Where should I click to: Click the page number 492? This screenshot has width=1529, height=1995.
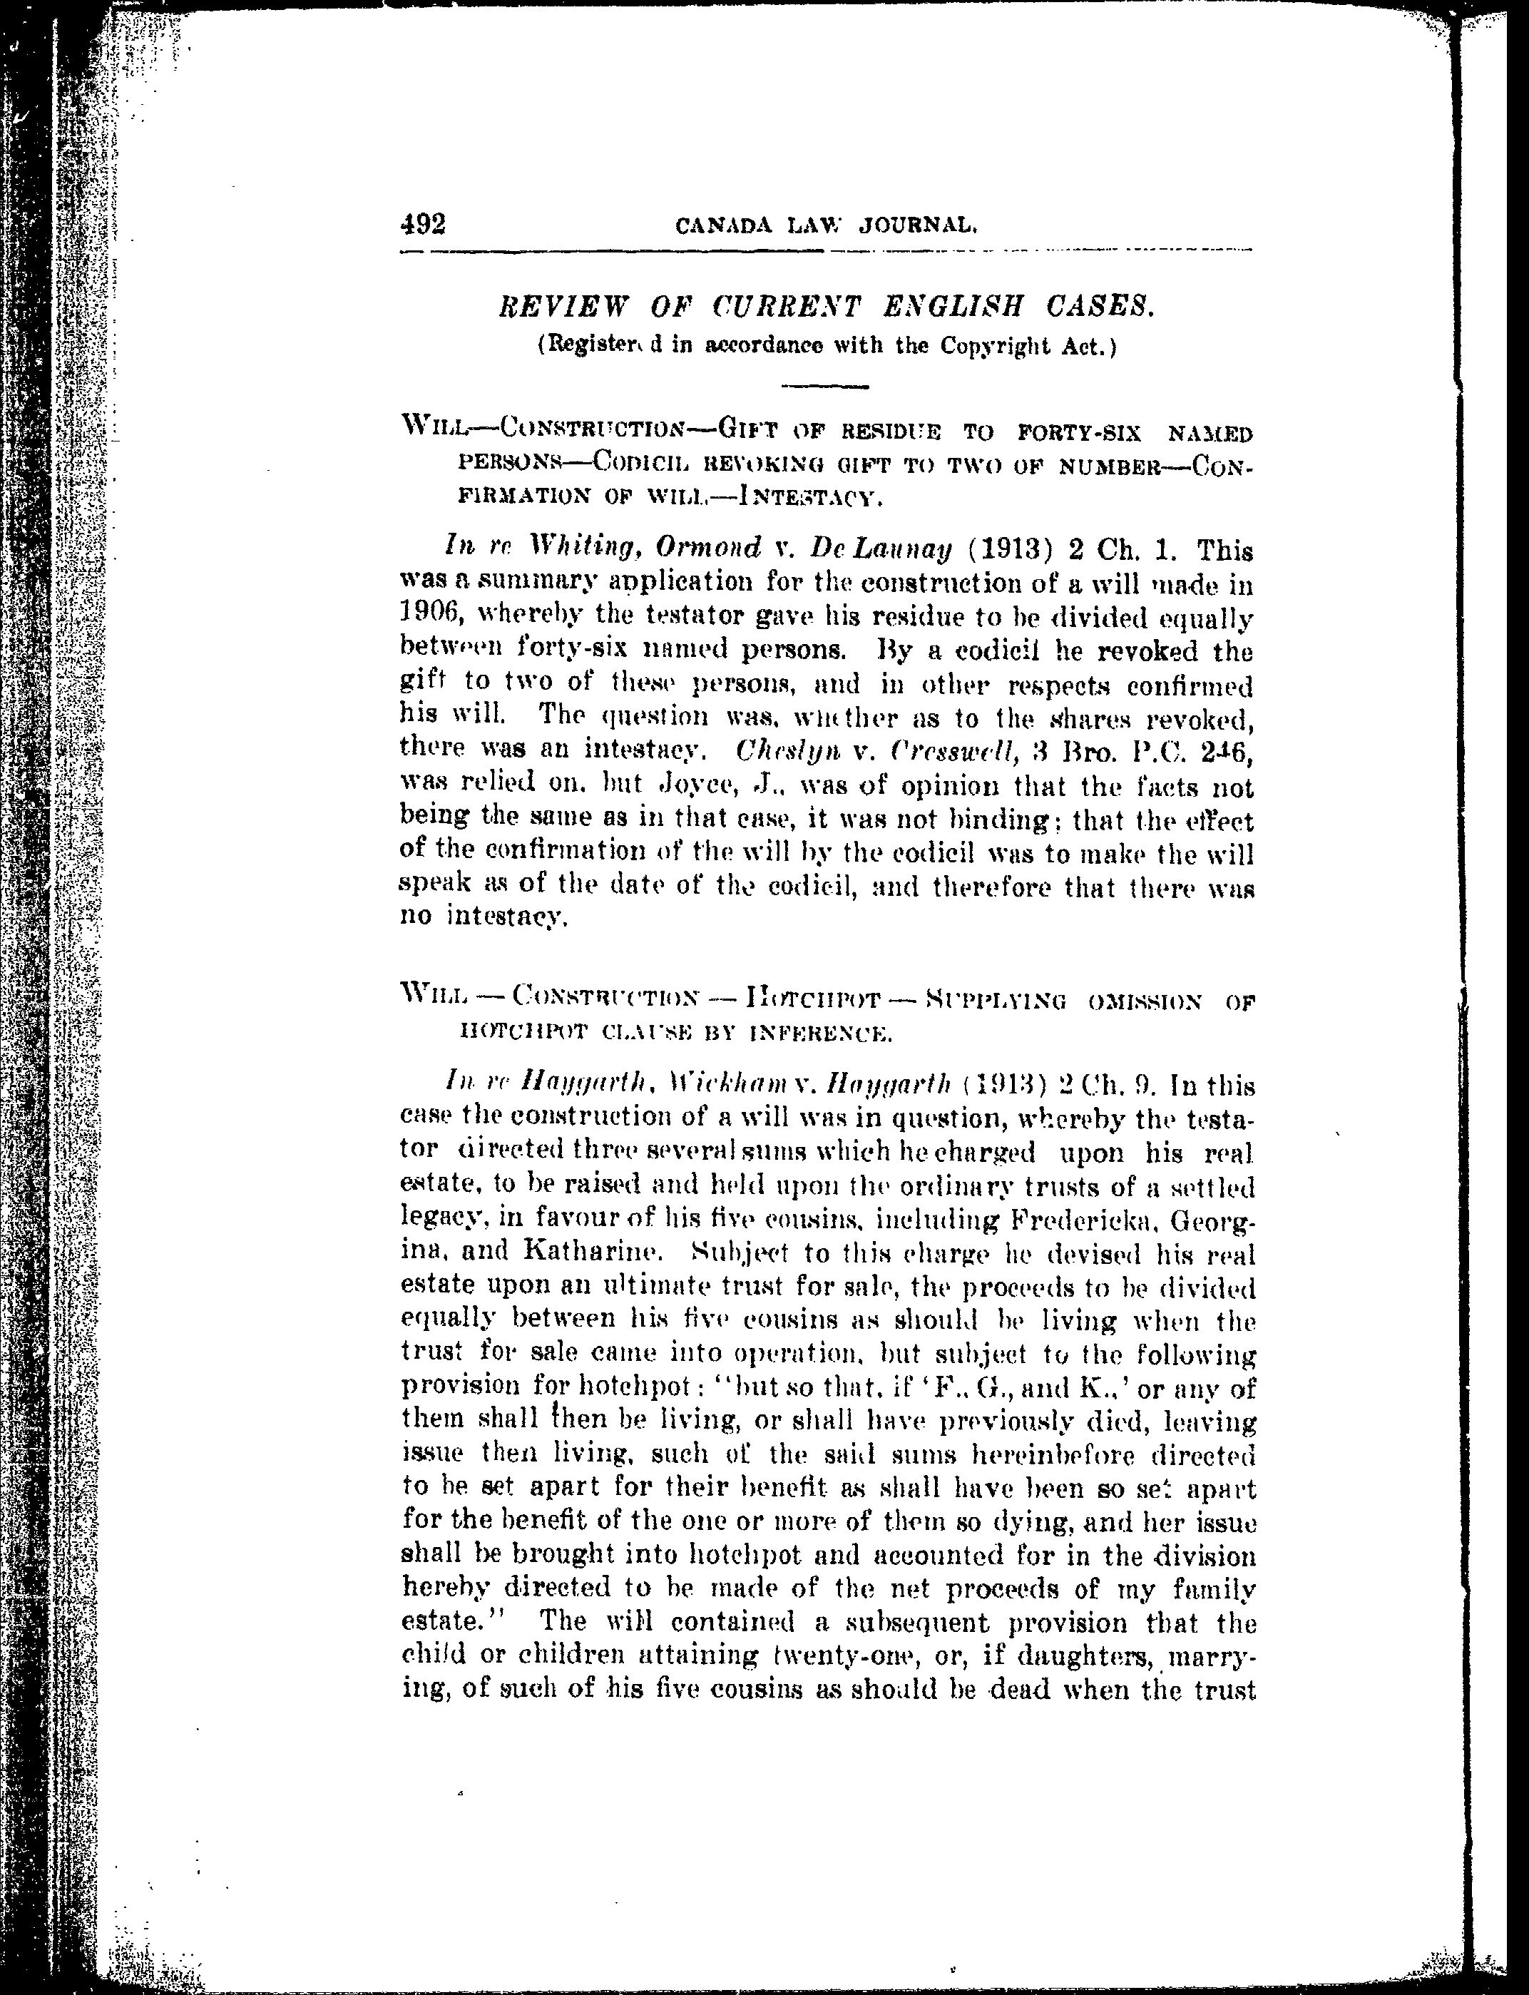pos(422,224)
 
